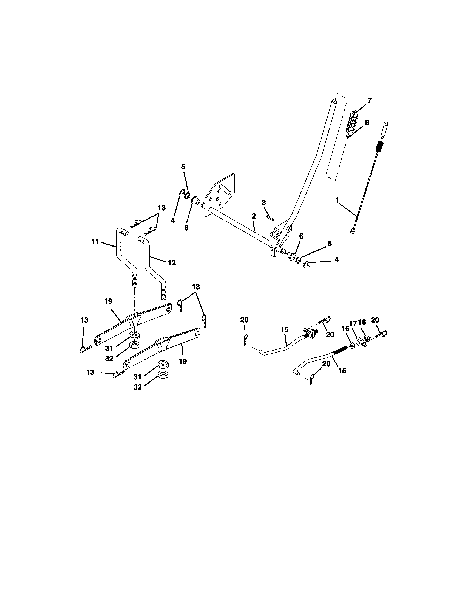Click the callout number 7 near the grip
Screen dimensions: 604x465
[370, 100]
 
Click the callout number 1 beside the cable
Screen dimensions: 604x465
[337, 200]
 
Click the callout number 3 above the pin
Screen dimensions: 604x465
[264, 203]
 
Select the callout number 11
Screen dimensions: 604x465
[95, 242]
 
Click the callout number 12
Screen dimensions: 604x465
[172, 262]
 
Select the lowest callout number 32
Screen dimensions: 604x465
[138, 387]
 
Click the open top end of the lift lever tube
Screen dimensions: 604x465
[334, 102]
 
